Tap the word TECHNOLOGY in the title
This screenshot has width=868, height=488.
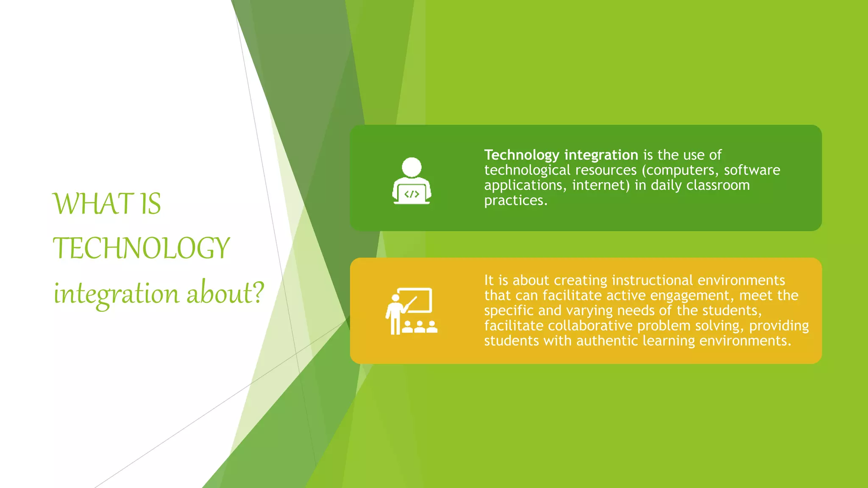click(141, 248)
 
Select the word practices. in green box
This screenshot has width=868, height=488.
click(515, 200)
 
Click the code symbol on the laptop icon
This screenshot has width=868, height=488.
click(412, 194)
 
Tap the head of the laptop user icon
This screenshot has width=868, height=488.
click(412, 167)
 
